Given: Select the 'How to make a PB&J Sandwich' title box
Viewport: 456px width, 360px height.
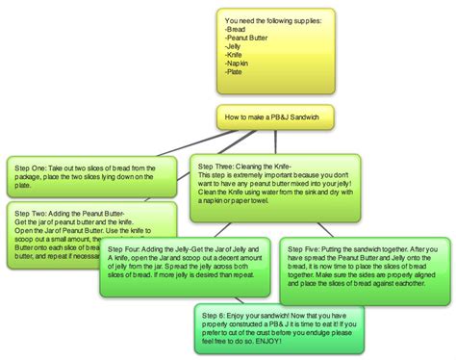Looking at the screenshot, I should coord(272,116).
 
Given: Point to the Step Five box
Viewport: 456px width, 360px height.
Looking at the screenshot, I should coord(364,274).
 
